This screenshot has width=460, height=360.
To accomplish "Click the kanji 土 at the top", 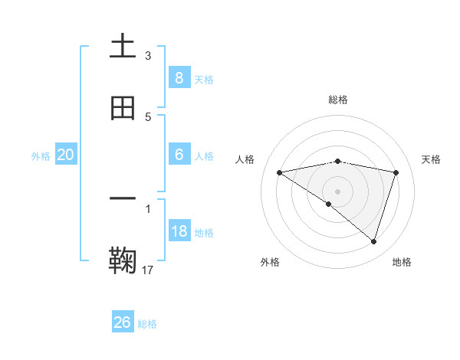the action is [123, 47].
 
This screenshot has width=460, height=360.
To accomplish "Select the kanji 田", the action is [123, 108].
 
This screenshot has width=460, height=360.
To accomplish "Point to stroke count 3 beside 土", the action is [148, 56].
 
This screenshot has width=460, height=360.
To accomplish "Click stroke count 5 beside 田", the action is [148, 117].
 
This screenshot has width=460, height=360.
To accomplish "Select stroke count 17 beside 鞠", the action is [149, 270].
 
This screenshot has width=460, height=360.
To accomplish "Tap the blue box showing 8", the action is [179, 77].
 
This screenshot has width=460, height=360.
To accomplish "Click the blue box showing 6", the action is [179, 155].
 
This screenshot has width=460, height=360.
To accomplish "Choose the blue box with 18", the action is [179, 231].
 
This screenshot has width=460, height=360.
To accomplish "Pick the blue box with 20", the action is [66, 155].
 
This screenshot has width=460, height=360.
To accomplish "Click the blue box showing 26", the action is [123, 322].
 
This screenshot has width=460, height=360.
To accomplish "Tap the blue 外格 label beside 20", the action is [41, 155].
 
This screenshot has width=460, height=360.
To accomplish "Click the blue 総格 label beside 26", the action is [147, 324].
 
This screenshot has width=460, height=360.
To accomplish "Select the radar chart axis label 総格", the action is [338, 100].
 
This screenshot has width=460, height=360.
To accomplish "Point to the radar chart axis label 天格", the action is [431, 159].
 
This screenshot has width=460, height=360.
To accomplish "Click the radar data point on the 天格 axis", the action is [396, 172].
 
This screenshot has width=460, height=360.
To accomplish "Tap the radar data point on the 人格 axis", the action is [280, 172].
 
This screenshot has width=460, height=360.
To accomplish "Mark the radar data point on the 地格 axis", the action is [373, 241].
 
